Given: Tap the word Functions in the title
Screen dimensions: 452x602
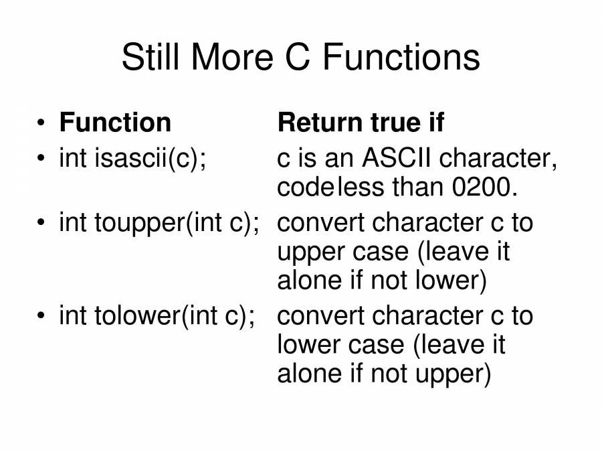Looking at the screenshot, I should (x=401, y=58).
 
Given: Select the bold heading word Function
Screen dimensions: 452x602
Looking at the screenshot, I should (x=115, y=123).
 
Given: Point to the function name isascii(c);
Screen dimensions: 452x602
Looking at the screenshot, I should (x=150, y=159).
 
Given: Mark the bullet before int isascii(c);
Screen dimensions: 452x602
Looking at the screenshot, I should (x=41, y=159).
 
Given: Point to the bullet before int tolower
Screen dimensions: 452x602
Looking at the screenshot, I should (x=41, y=316).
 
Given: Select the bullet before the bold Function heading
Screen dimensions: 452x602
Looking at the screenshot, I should (x=41, y=123).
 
